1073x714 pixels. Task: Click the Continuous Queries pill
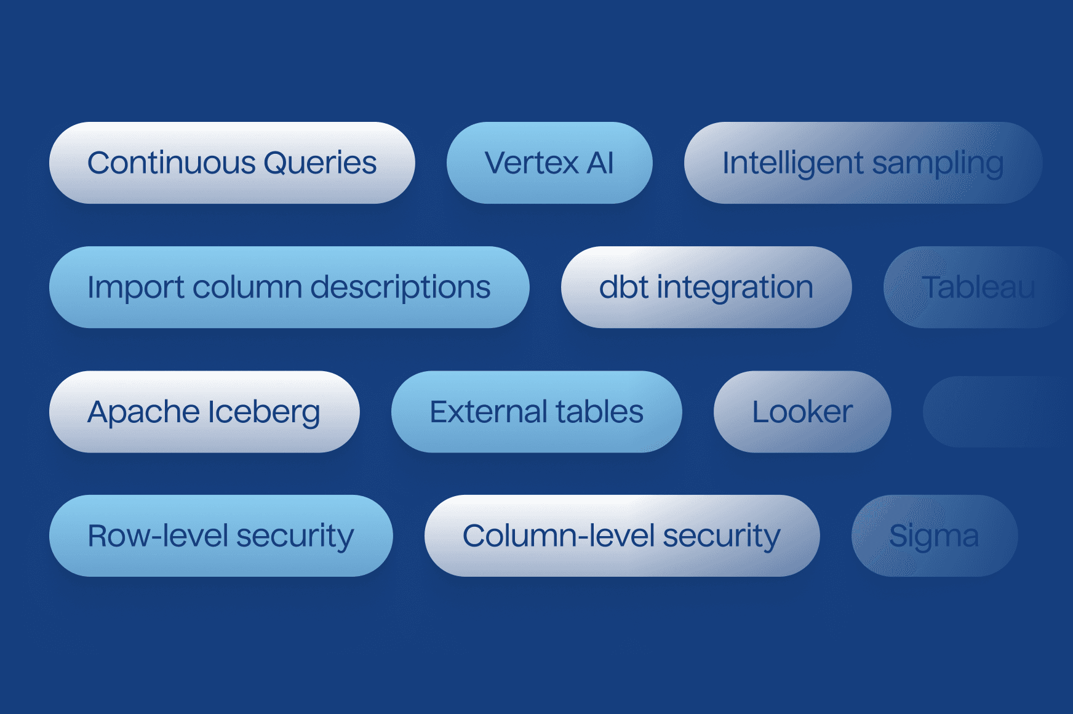click(232, 163)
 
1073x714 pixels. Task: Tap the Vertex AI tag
click(549, 163)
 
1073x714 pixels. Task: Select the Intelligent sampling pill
click(863, 163)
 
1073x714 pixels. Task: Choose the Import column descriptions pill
click(289, 287)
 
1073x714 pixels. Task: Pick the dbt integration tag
click(706, 287)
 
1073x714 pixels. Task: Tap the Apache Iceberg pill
click(204, 412)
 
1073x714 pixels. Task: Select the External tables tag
click(536, 412)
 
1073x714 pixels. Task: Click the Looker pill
click(802, 412)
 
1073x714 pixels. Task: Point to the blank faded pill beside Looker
click(997, 412)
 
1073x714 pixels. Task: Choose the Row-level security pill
click(220, 536)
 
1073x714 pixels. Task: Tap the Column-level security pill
click(621, 536)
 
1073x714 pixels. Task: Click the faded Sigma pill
click(934, 536)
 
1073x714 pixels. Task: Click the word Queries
click(320, 163)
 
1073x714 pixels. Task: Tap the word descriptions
click(401, 288)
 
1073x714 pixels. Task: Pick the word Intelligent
click(792, 164)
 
